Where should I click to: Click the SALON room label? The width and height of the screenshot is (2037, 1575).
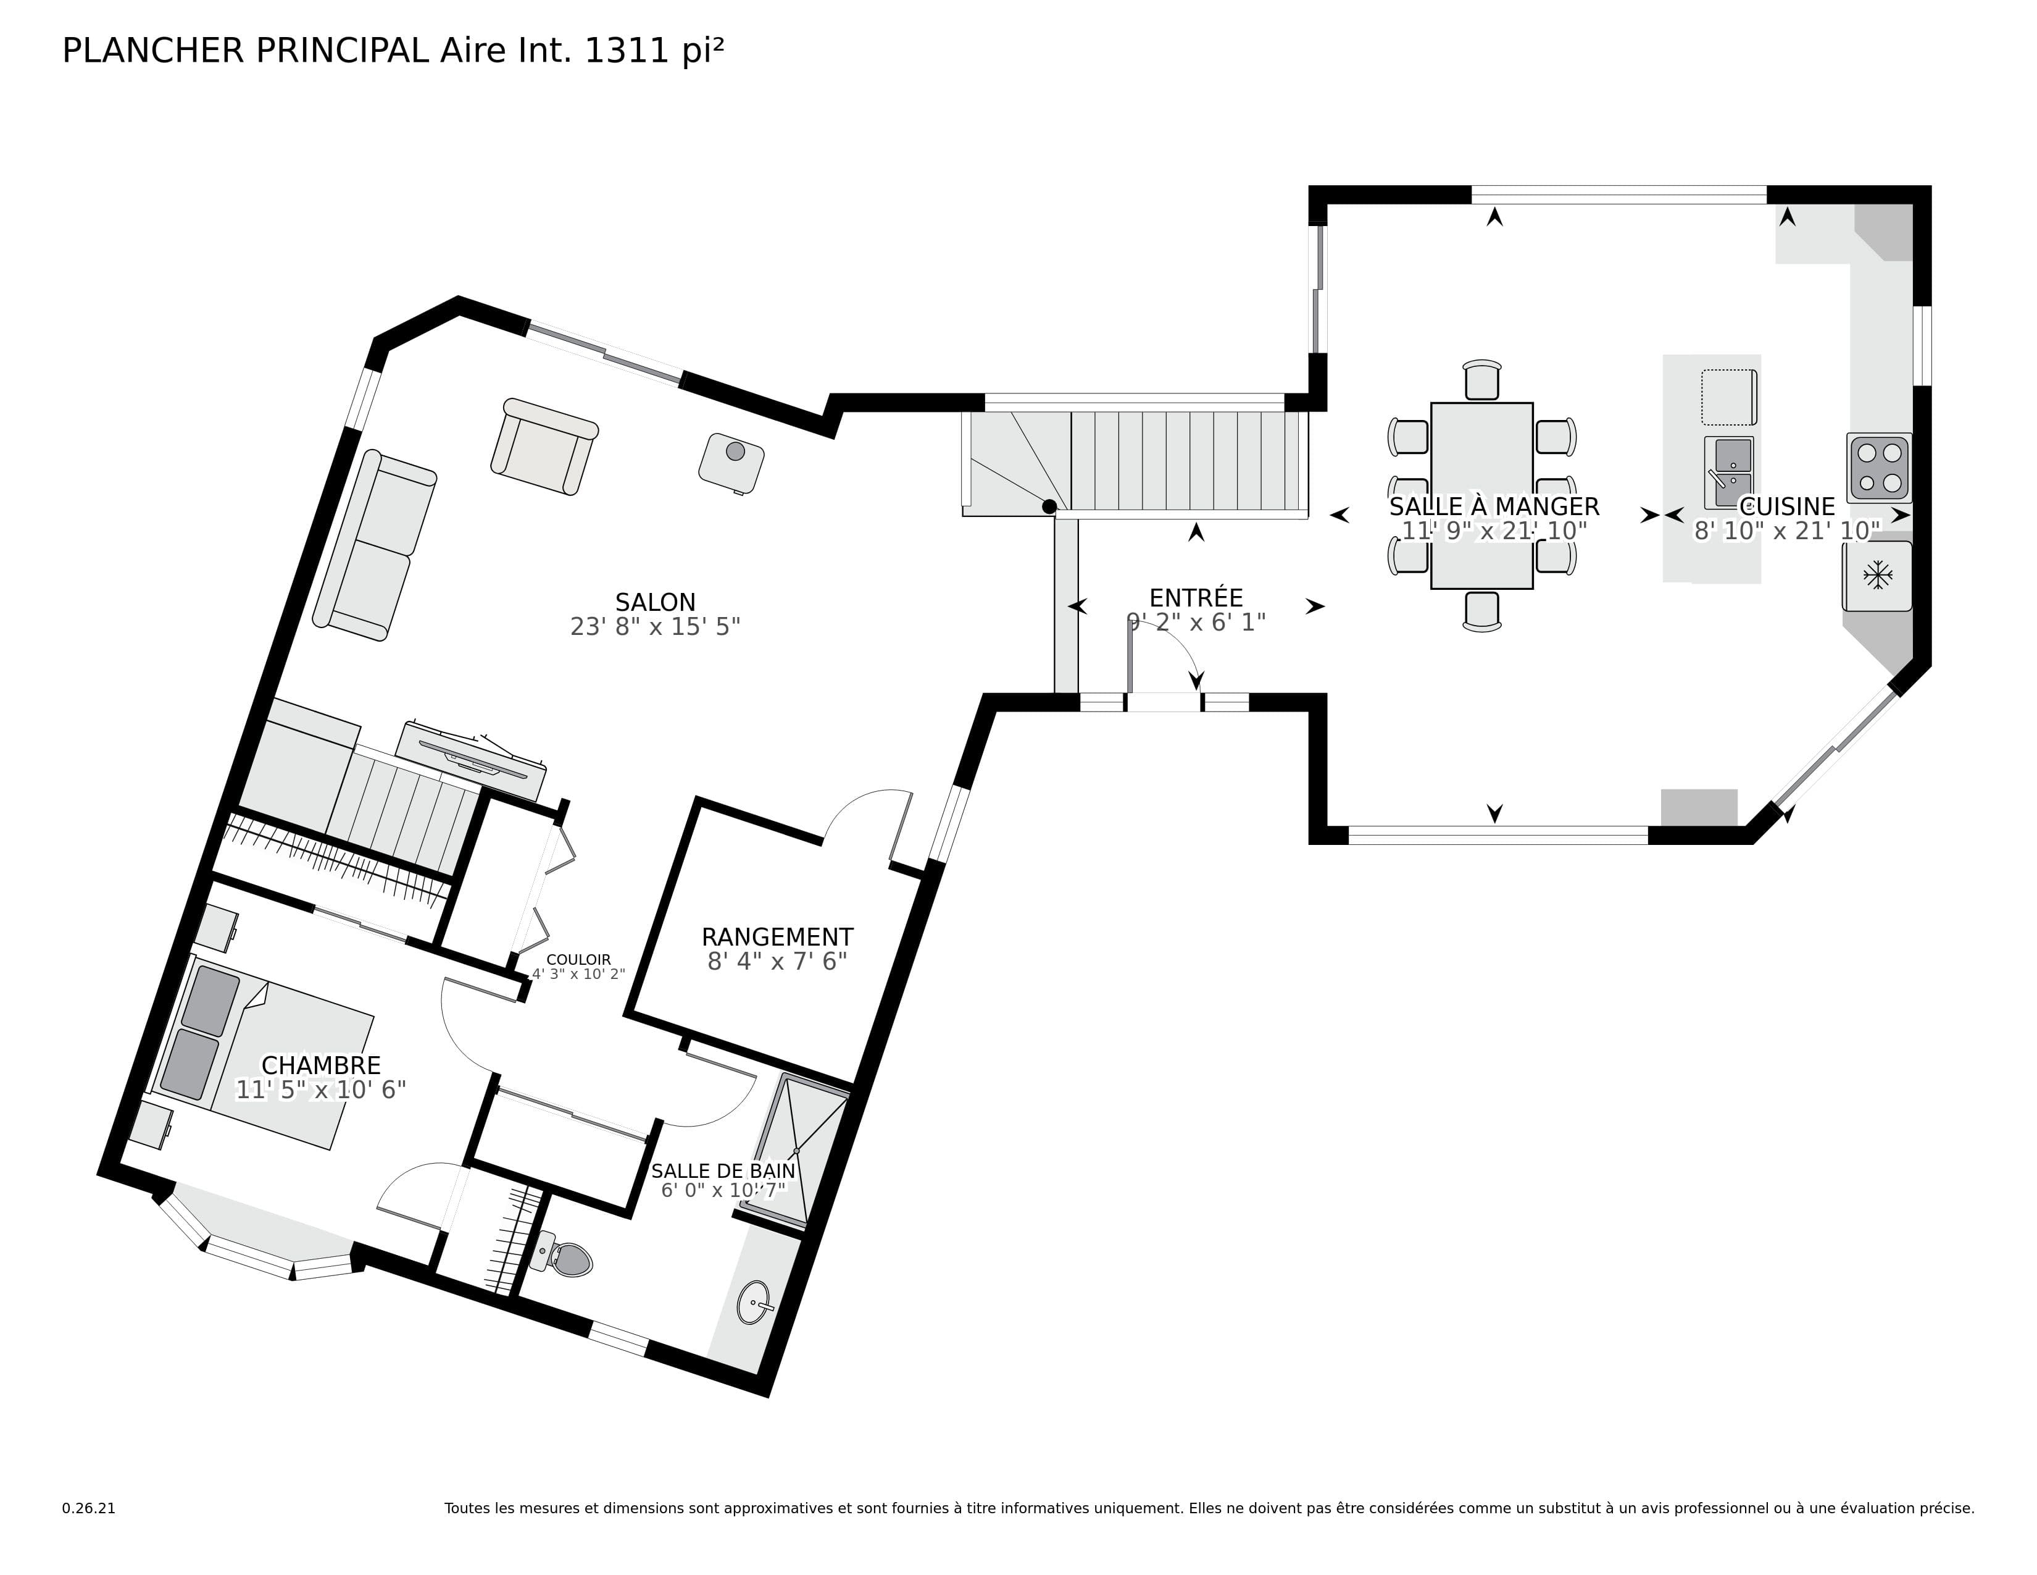pyautogui.click(x=655, y=602)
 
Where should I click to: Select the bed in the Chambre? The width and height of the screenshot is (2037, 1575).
pyautogui.click(x=266, y=1054)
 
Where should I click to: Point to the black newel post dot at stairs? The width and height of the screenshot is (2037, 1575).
pyautogui.click(x=1049, y=506)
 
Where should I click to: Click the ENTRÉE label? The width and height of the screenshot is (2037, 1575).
pyautogui.click(x=1196, y=598)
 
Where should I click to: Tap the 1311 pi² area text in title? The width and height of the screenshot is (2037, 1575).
pyautogui.click(x=653, y=51)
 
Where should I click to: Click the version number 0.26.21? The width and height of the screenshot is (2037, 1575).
pyautogui.click(x=89, y=1508)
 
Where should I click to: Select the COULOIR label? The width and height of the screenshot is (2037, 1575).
pyautogui.click(x=578, y=959)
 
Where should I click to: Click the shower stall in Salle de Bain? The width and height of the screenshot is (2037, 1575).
pyautogui.click(x=798, y=1148)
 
